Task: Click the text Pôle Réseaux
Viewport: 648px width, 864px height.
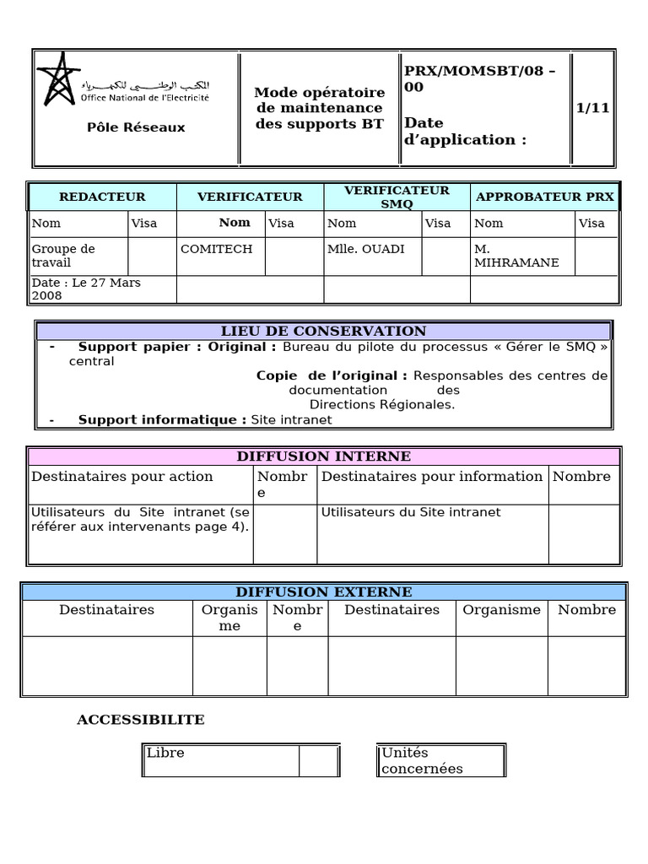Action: pos(136,127)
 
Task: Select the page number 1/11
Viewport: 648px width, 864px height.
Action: pos(592,108)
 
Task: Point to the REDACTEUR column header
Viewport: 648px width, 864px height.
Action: pos(102,197)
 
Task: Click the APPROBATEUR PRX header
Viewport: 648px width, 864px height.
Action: pos(545,197)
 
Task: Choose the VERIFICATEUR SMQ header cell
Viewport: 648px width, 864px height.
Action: pos(397,197)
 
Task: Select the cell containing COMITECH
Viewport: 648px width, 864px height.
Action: pos(216,249)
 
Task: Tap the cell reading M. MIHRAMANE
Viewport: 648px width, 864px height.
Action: pos(505,256)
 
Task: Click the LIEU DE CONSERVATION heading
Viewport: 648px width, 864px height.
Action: pos(323,331)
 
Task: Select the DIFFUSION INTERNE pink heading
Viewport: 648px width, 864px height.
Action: pos(323,456)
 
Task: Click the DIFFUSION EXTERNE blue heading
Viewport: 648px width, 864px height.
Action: pos(323,592)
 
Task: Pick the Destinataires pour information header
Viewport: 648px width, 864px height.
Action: pos(432,477)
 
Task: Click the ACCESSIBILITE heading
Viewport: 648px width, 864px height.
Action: pos(141,720)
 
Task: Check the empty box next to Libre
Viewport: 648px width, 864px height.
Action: pos(319,760)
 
